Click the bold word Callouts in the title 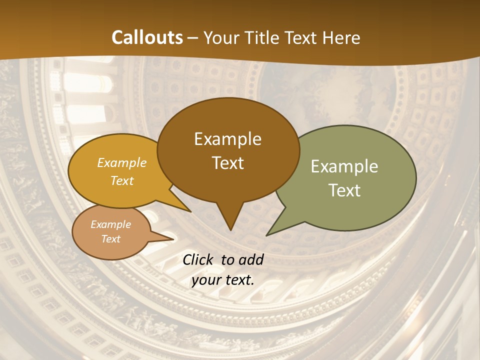147,37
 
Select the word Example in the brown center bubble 227,139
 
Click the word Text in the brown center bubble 227,163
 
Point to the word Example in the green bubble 344,166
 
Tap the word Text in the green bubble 344,190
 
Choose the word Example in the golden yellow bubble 122,163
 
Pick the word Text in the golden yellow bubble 122,180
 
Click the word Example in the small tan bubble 110,224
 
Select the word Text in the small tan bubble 110,239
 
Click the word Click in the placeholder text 198,259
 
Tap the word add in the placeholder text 250,259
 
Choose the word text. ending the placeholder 237,280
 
